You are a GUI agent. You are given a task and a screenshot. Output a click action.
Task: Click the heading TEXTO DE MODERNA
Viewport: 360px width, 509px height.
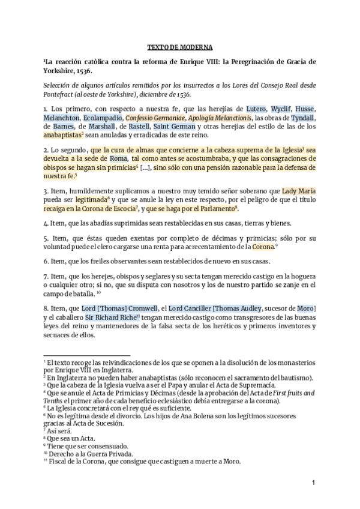point(179,46)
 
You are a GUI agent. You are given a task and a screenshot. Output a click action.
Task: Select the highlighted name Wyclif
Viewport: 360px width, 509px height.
point(285,109)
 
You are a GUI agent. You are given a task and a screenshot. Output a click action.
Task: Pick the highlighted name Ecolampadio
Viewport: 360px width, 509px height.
point(103,118)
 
